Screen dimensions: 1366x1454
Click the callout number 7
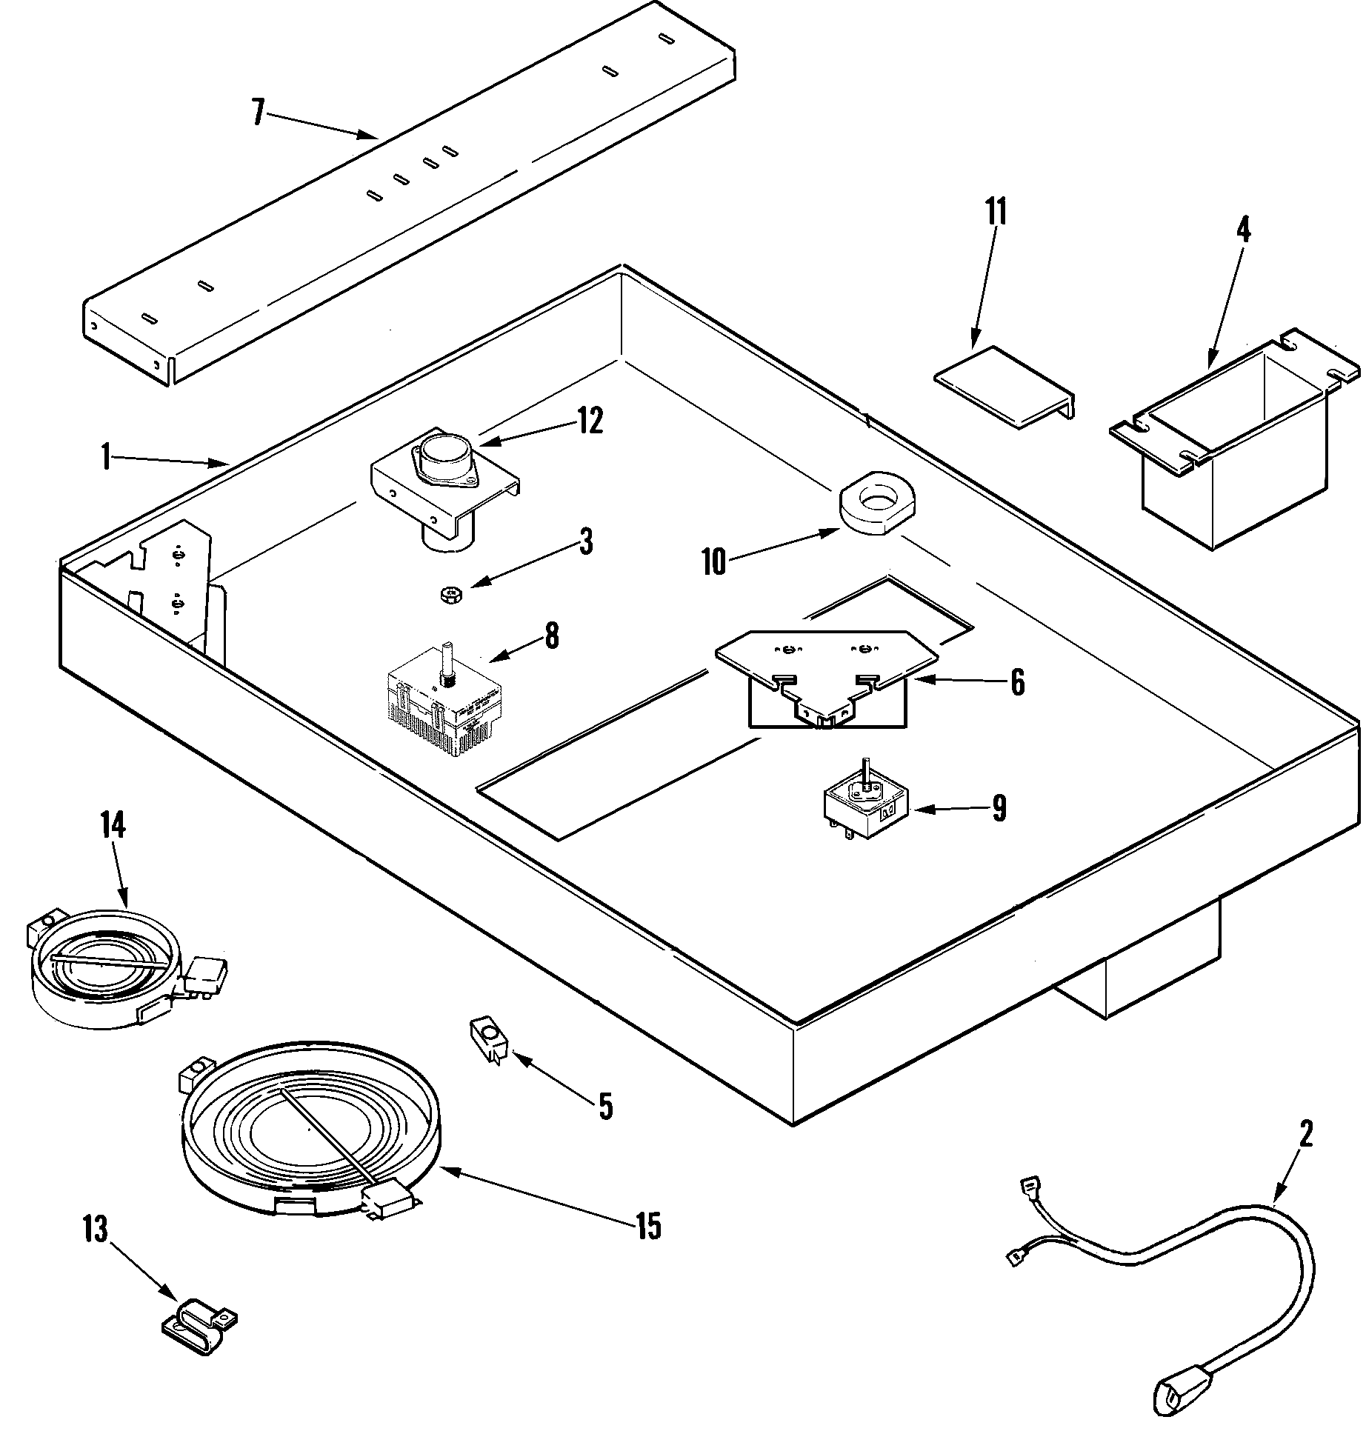tap(259, 113)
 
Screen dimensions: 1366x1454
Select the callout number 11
tap(996, 213)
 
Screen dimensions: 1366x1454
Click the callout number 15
tap(647, 1227)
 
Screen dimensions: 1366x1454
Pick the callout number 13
tap(96, 1230)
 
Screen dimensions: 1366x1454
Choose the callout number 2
tap(1305, 1134)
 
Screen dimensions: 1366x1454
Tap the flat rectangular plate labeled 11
tap(1004, 386)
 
